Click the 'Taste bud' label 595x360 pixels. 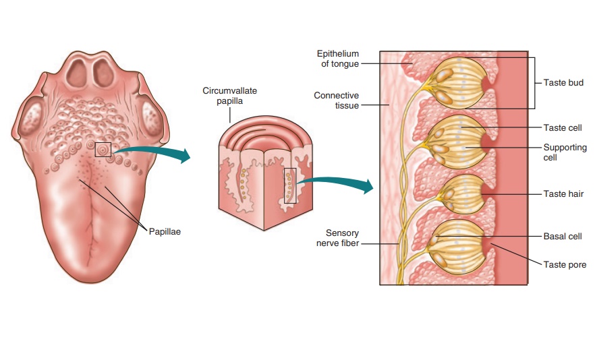pyautogui.click(x=563, y=83)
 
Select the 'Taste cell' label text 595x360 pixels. pyautogui.click(x=563, y=128)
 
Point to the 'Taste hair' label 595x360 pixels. pyautogui.click(x=563, y=194)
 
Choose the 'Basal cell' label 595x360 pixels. pyautogui.click(x=563, y=237)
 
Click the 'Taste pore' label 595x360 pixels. pyautogui.click(x=565, y=265)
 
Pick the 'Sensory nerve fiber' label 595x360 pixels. pyautogui.click(x=337, y=238)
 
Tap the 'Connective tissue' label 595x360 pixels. pyautogui.click(x=336, y=100)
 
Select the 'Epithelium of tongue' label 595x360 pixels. pyautogui.click(x=338, y=59)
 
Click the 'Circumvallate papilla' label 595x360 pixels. pyautogui.click(x=230, y=95)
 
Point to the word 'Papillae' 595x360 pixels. pyautogui.click(x=165, y=231)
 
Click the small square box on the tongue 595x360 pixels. pyautogui.click(x=103, y=150)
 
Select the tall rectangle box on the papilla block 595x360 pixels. pyautogui.click(x=290, y=185)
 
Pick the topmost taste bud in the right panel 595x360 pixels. pyautogui.click(x=457, y=83)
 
